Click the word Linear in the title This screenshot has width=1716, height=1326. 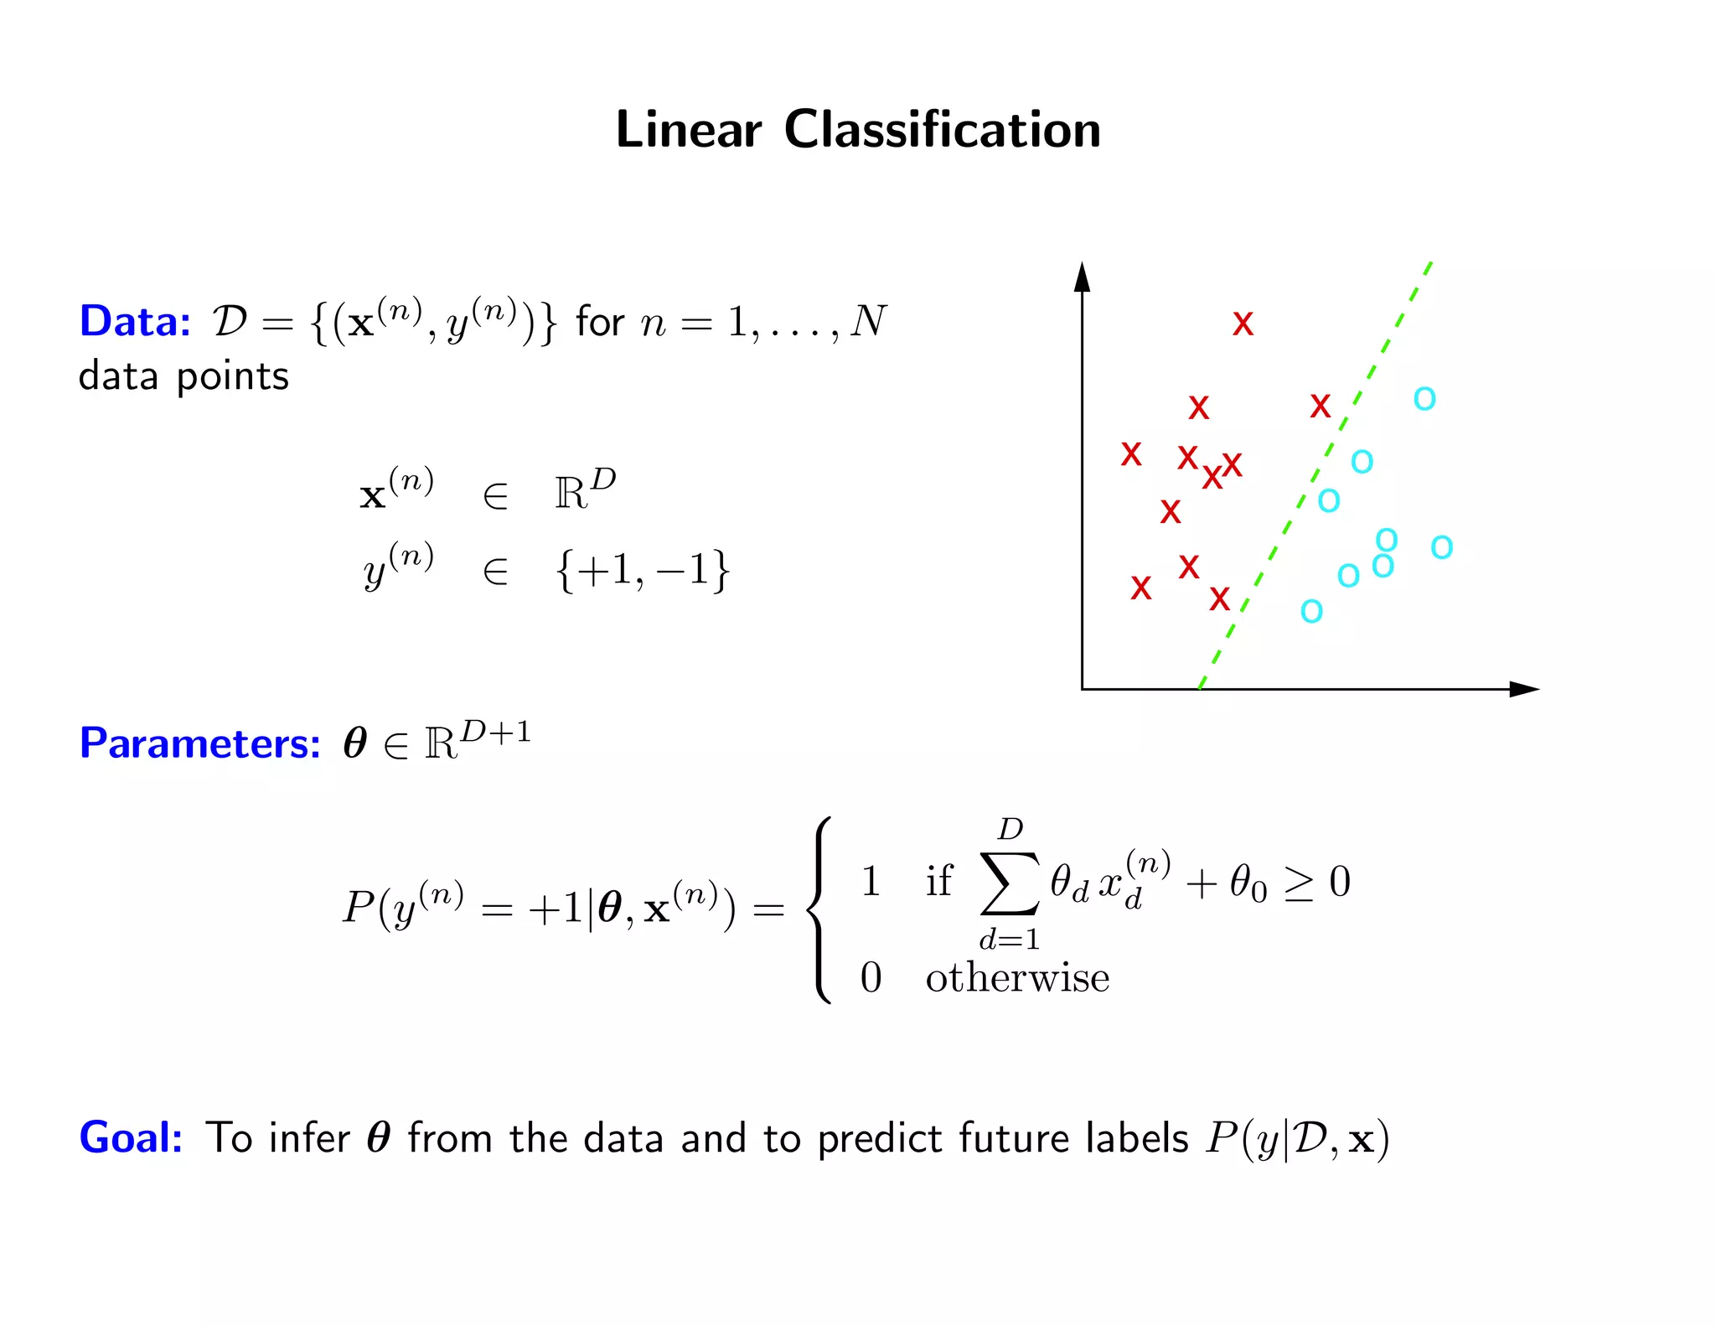[688, 130]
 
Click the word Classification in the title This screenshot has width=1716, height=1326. [942, 130]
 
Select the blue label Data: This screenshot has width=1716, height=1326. [135, 321]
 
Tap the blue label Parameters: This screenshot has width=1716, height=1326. [199, 743]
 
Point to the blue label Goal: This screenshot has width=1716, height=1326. [131, 1137]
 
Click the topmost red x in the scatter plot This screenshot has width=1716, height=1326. [1243, 324]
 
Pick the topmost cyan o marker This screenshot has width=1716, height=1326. [1424, 398]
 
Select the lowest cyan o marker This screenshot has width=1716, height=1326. [1311, 611]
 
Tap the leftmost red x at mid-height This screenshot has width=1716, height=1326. [1131, 454]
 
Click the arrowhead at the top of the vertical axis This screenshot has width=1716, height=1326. [1083, 277]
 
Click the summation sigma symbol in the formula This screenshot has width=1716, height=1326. [1010, 883]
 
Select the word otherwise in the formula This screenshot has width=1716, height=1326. [1017, 978]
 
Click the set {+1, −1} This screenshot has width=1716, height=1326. [642, 571]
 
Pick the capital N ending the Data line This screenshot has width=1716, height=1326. [868, 321]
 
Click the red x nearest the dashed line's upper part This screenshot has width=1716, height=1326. [1321, 407]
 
